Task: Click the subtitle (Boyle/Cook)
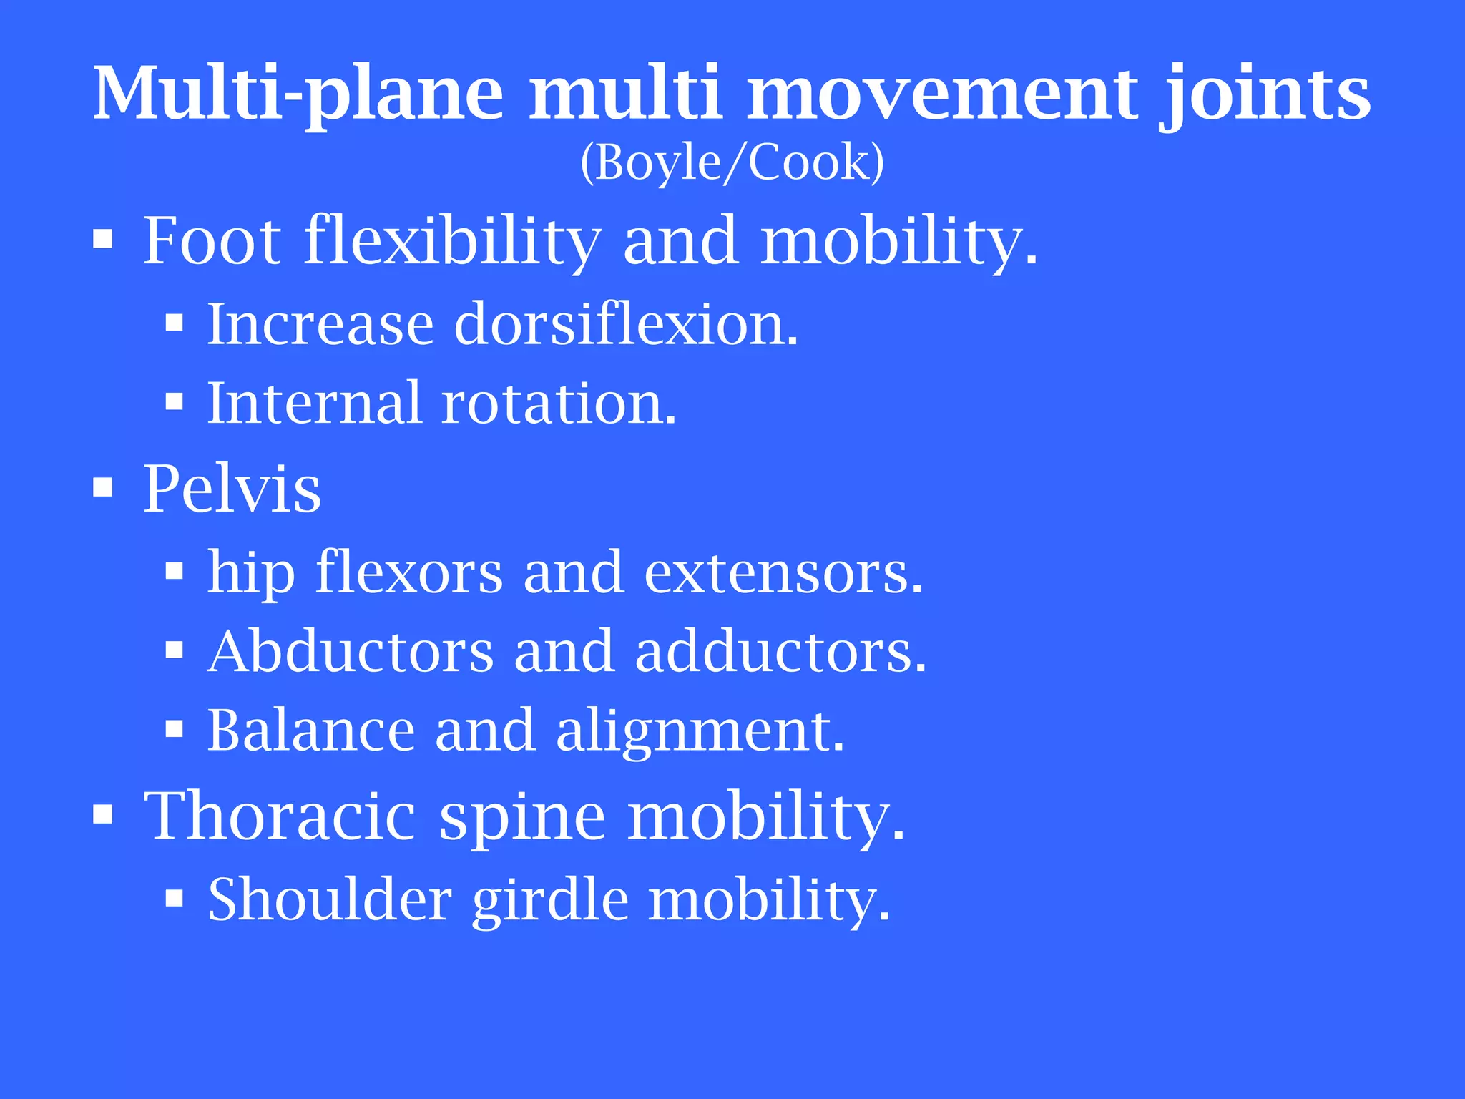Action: tap(732, 162)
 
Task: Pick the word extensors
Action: tap(783, 572)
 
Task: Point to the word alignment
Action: tap(700, 731)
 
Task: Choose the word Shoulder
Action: tap(330, 899)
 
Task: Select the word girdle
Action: tap(550, 900)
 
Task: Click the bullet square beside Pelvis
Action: tap(103, 489)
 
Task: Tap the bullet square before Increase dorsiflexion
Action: tap(174, 324)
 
